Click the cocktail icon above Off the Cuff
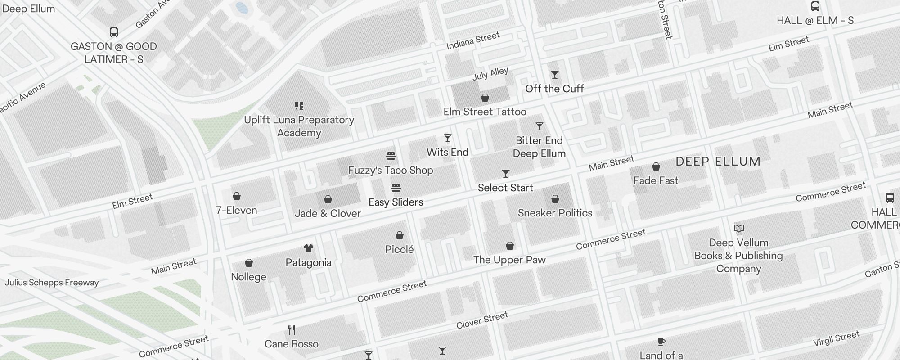click(555, 75)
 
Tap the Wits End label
click(447, 152)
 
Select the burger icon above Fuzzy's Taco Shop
click(391, 156)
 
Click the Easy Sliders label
click(396, 202)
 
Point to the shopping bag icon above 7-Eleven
click(236, 196)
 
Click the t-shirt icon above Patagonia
click(308, 248)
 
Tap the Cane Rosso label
click(291, 344)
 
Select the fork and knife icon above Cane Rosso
click(292, 330)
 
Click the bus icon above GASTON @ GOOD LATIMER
click(114, 32)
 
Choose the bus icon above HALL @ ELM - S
click(815, 6)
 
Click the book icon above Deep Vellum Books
click(738, 229)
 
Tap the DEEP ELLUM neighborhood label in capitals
click(718, 162)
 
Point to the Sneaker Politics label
click(555, 213)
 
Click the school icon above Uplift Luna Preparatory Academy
click(299, 106)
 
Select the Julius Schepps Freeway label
click(51, 283)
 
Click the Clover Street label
click(482, 320)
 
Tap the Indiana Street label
click(473, 40)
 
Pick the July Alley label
click(490, 74)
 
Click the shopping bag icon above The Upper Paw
click(509, 246)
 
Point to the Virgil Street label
click(836, 338)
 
